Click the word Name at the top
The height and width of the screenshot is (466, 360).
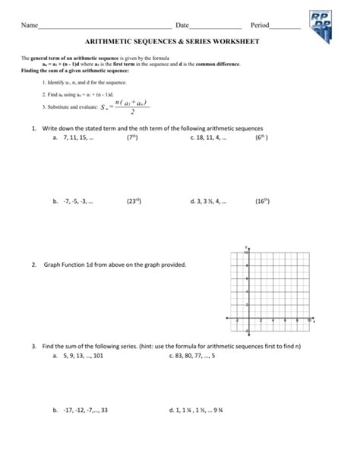point(30,26)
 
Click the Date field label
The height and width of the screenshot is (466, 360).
point(182,26)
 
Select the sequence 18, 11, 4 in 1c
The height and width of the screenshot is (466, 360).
point(210,139)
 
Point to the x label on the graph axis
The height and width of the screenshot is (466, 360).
point(314,322)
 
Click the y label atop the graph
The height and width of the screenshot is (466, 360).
point(248,247)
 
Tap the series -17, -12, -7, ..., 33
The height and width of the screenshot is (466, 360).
point(86,409)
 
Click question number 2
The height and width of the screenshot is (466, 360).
point(34,265)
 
